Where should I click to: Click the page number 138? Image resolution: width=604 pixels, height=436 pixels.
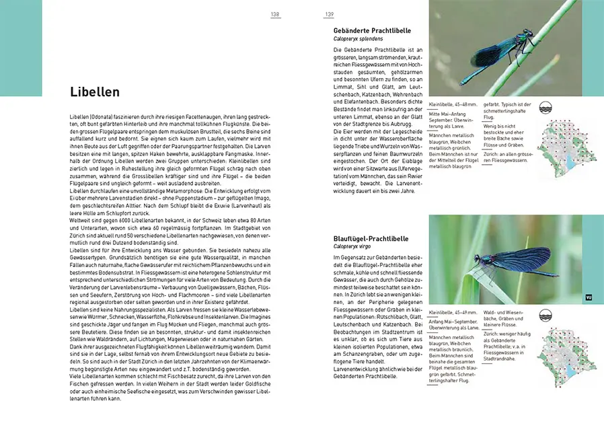pos(275,14)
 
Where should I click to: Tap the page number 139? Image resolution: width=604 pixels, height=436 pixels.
pos(330,14)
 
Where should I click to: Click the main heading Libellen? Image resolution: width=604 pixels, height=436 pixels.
pos(95,92)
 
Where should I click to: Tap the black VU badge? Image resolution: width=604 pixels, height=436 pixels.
pos(589,297)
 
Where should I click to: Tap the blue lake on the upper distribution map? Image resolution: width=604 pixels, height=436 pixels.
pos(568,163)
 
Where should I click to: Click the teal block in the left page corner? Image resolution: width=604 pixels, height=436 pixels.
pos(21,47)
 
